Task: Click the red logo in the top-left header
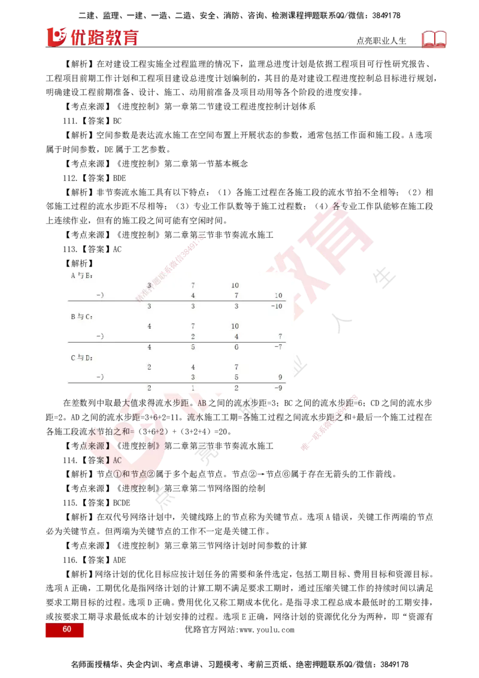(x=91, y=37)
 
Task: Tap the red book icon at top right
(x=435, y=40)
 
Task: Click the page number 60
(x=66, y=629)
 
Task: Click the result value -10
(x=275, y=306)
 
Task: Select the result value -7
(x=277, y=347)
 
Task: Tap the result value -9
(x=277, y=388)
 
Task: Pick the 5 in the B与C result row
(x=193, y=347)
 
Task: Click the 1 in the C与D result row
(x=193, y=388)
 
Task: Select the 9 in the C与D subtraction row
(x=279, y=377)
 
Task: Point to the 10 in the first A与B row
(x=235, y=286)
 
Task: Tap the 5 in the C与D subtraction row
(x=236, y=377)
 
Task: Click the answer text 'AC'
(x=117, y=460)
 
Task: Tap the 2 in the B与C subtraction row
(x=193, y=337)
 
